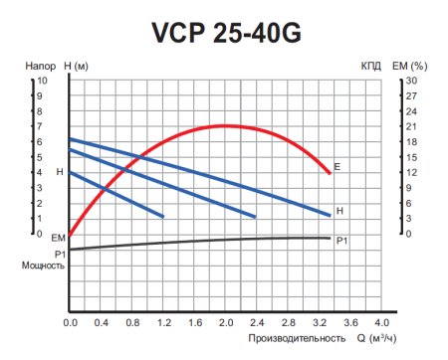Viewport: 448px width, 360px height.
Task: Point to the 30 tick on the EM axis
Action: (409, 80)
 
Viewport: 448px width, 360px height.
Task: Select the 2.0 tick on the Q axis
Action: (226, 323)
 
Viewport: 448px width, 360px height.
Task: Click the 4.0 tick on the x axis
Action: (381, 323)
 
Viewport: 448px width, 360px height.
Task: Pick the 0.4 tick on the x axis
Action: (102, 323)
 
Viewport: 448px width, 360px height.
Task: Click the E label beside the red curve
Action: (338, 166)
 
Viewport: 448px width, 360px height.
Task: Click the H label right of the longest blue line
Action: (339, 211)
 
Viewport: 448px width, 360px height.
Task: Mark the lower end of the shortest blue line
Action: (162, 216)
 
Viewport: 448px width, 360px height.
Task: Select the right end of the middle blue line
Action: (256, 216)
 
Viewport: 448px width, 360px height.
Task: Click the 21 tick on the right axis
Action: (409, 126)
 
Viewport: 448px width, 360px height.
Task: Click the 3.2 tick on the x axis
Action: (319, 323)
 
